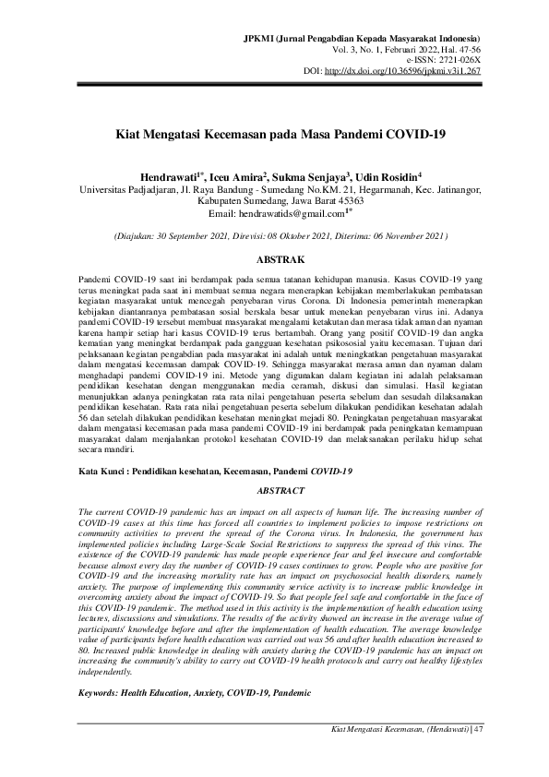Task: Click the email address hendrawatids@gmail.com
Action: tap(274, 213)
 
